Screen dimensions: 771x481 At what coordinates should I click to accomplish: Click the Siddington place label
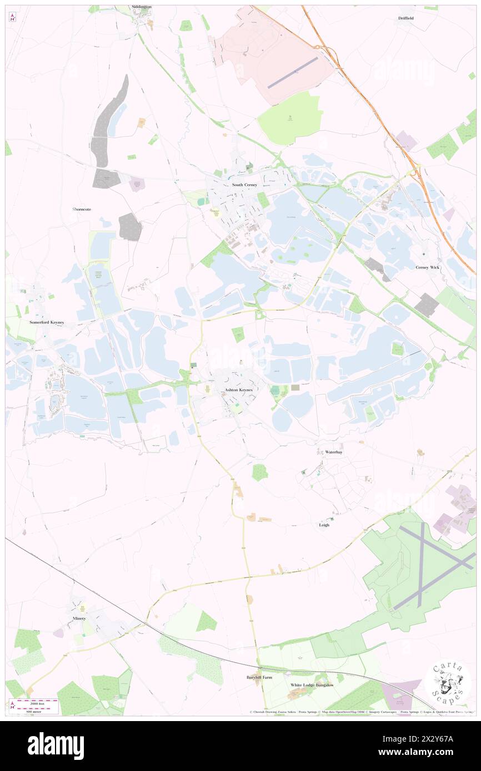[141, 7]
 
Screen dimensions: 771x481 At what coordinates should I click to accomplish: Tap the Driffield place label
[405, 18]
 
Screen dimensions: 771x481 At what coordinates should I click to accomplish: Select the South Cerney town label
[244, 185]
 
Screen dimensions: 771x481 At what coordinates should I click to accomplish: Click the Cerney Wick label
[427, 267]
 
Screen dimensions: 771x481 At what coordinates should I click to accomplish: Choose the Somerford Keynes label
[47, 322]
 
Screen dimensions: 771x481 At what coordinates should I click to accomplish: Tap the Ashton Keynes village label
[238, 390]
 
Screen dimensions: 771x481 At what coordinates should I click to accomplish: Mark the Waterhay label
[334, 452]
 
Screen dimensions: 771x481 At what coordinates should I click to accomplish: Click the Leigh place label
[324, 525]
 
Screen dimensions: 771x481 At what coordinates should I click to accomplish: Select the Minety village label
[79, 618]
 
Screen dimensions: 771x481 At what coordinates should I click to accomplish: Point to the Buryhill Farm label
[259, 677]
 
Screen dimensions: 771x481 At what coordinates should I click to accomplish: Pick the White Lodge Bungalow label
[312, 685]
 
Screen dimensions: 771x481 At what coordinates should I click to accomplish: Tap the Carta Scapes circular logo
[448, 682]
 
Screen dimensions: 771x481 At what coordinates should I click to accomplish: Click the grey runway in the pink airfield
[292, 72]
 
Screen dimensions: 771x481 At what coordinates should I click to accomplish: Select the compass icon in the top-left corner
[12, 17]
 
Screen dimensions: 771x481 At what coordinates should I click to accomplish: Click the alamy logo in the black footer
[56, 746]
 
